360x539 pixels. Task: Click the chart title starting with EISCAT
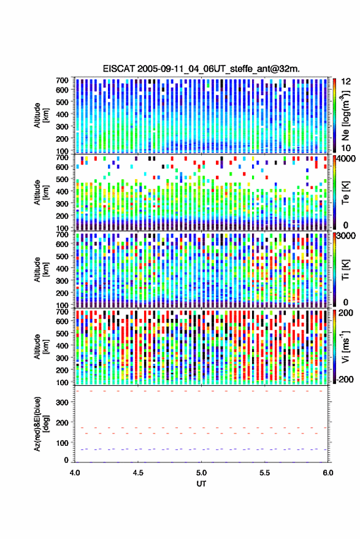point(201,69)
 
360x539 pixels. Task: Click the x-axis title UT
point(201,484)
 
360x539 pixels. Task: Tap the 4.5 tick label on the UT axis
point(138,473)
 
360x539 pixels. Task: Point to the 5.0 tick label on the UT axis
point(201,473)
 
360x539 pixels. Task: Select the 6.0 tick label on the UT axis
point(327,473)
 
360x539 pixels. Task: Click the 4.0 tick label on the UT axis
point(75,473)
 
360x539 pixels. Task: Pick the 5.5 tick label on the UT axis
point(264,473)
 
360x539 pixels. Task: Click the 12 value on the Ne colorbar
point(346,82)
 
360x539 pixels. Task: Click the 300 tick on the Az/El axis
point(62,402)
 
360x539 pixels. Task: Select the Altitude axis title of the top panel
point(41,115)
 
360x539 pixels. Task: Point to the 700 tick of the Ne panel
point(62,80)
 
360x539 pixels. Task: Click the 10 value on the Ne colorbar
point(346,148)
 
